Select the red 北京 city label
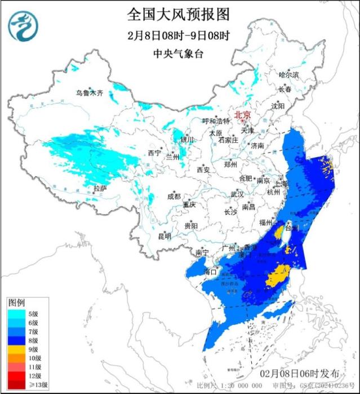[242, 112]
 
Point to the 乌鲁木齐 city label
[90, 93]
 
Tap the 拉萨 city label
[100, 188]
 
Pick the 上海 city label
[280, 184]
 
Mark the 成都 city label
[174, 196]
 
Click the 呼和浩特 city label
[216, 121]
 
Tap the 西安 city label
[203, 169]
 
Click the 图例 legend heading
[16, 303]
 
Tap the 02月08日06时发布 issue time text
[300, 374]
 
